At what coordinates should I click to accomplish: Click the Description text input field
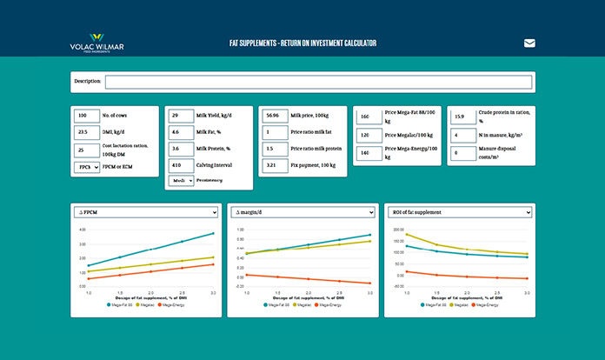(x=317, y=83)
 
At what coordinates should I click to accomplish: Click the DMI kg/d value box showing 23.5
(x=86, y=132)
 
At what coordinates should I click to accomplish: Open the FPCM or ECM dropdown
(x=86, y=167)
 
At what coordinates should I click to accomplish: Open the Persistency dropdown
(x=180, y=181)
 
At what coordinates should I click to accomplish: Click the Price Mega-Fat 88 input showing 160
(x=369, y=117)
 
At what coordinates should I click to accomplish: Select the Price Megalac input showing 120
(x=369, y=136)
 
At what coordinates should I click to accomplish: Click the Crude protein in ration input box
(x=462, y=117)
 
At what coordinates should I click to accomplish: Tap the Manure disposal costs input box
(x=462, y=153)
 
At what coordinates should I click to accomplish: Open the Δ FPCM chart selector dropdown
(x=146, y=212)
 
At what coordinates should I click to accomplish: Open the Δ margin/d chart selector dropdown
(x=302, y=212)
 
